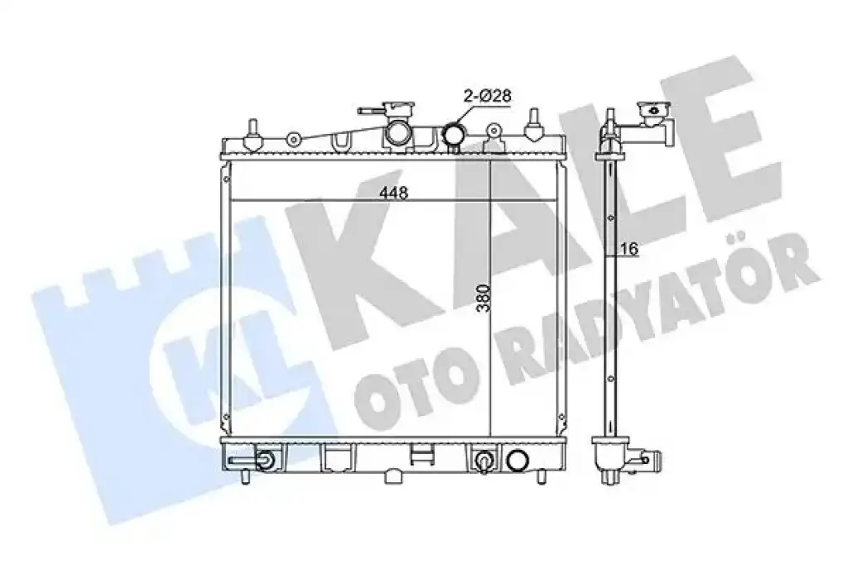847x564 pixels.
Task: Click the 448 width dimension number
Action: click(393, 193)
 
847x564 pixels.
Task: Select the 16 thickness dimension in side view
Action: click(629, 248)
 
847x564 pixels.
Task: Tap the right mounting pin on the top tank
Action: click(534, 126)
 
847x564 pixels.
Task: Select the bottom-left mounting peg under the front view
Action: click(244, 476)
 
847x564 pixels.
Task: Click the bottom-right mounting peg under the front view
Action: click(541, 476)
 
